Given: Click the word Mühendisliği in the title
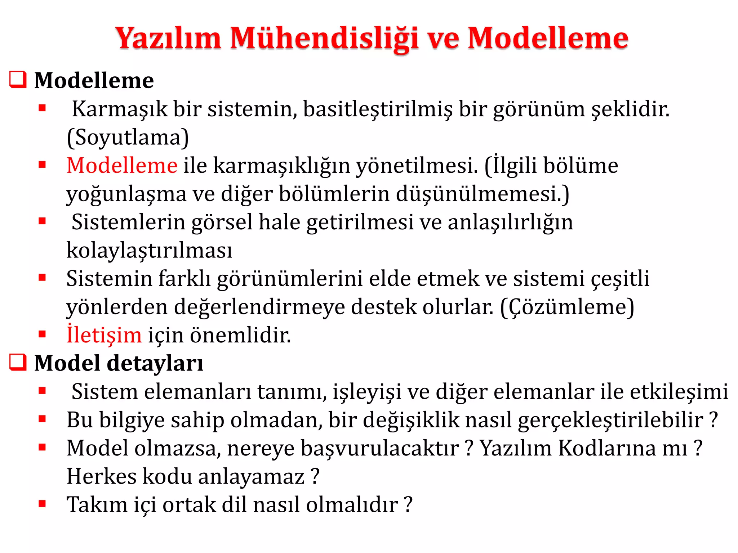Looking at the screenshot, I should pyautogui.click(x=324, y=39).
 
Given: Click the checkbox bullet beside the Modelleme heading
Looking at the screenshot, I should pyautogui.click(x=18, y=80).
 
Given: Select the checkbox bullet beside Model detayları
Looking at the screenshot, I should pyautogui.click(x=18, y=362).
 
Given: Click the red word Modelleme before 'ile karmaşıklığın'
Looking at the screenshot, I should pyautogui.click(x=122, y=166).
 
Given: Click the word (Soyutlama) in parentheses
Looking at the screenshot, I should pyautogui.click(x=128, y=138).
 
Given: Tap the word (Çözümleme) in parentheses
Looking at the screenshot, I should pyautogui.click(x=567, y=307).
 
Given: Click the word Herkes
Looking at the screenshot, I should pyautogui.click(x=102, y=477).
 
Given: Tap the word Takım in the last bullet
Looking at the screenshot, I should pyautogui.click(x=97, y=505).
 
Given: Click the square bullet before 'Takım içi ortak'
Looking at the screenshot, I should pyautogui.click(x=43, y=504).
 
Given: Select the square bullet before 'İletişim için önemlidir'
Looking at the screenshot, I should pyautogui.click(x=43, y=334).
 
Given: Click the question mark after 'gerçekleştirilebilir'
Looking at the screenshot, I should pyautogui.click(x=713, y=420).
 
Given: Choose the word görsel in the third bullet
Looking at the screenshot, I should pyautogui.click(x=222, y=222).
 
